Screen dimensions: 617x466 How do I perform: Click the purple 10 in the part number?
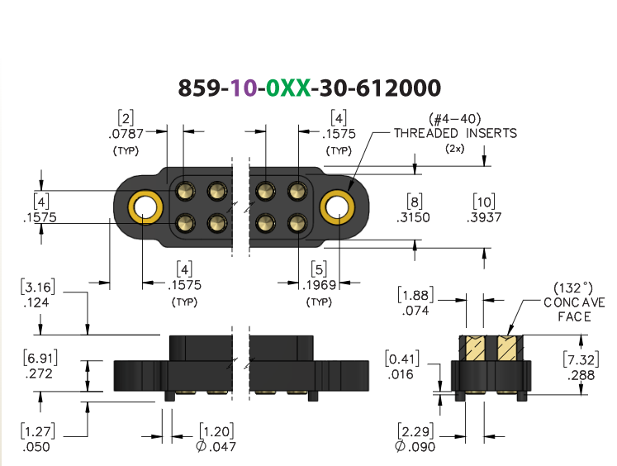click(x=243, y=88)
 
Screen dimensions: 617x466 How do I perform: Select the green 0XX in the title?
click(x=288, y=88)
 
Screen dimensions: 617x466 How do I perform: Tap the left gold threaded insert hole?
click(x=145, y=207)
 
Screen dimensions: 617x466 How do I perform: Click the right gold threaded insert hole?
click(x=337, y=207)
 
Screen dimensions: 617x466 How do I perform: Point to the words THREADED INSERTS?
click(x=456, y=133)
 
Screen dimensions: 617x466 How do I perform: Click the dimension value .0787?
click(x=126, y=134)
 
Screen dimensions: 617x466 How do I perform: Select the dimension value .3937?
click(x=484, y=217)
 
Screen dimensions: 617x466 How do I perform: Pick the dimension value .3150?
click(x=413, y=217)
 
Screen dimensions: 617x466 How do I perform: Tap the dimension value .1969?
click(x=319, y=285)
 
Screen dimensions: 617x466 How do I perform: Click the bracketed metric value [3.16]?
click(x=38, y=287)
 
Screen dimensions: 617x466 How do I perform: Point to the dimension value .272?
click(x=39, y=373)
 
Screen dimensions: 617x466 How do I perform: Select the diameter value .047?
click(x=216, y=447)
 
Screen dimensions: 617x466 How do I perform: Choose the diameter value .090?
click(x=415, y=447)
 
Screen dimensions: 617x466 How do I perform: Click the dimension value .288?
click(x=581, y=375)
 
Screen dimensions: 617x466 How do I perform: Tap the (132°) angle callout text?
click(x=573, y=288)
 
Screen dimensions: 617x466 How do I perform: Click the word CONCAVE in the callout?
click(x=575, y=302)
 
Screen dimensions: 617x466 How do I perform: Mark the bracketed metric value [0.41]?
click(x=402, y=359)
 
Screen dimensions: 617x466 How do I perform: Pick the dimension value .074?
click(x=415, y=311)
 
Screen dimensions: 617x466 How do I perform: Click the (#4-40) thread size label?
click(x=455, y=118)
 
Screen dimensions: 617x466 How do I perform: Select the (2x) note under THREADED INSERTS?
click(x=455, y=149)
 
